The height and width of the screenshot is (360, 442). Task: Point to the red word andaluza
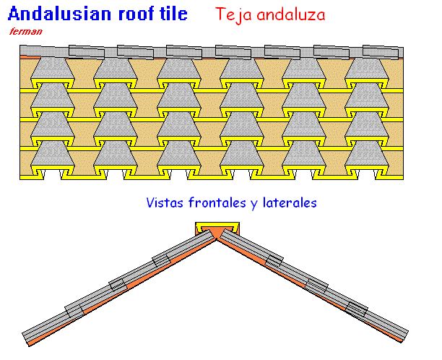[291, 14]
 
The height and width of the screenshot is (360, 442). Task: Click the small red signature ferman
[26, 31]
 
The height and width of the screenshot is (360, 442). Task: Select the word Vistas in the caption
[165, 202]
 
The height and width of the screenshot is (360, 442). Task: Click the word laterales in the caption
[290, 202]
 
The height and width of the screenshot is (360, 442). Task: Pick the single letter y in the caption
[254, 205]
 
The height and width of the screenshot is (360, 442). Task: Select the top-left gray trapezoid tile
[53, 68]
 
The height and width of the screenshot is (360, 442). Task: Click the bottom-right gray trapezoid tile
[367, 153]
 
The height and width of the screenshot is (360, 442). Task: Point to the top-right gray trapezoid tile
[367, 68]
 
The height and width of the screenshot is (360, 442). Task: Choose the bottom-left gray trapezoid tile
[53, 153]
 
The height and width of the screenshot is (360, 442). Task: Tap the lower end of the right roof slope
[404, 335]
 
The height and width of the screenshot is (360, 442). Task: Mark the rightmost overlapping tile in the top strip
[381, 52]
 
